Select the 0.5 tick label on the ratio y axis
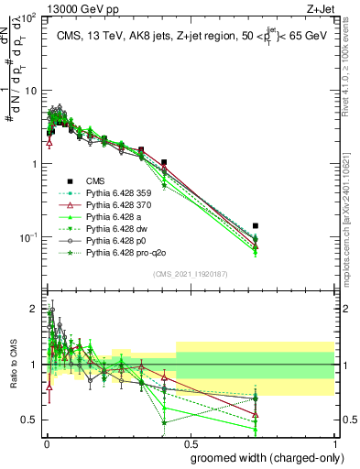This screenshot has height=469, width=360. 30,420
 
